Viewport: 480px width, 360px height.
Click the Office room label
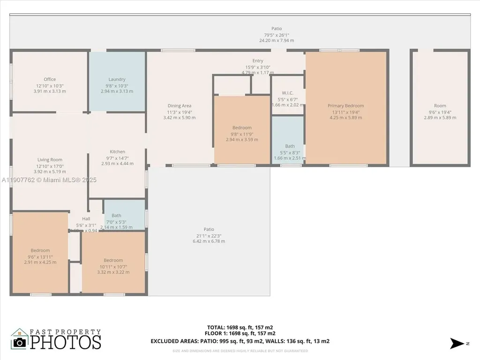click(x=50, y=79)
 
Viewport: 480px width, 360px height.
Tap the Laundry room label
click(x=117, y=79)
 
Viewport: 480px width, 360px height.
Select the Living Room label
click(x=50, y=160)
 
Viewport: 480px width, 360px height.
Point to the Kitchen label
click(x=117, y=151)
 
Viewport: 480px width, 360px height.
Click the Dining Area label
click(x=180, y=105)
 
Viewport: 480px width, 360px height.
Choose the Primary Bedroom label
click(x=345, y=105)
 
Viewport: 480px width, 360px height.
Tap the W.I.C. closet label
click(x=288, y=92)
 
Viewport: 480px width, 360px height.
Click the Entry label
click(x=258, y=60)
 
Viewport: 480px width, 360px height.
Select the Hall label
click(x=86, y=218)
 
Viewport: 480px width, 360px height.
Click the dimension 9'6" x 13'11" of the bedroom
click(x=40, y=256)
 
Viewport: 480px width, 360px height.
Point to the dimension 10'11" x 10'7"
click(x=113, y=266)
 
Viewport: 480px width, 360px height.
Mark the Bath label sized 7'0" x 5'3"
click(x=116, y=216)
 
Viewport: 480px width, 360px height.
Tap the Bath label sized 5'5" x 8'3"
click(x=290, y=146)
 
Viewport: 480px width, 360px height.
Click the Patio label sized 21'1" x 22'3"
click(x=209, y=229)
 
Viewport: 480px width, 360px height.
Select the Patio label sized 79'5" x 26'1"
click(x=277, y=29)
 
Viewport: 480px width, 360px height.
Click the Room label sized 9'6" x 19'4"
click(x=440, y=105)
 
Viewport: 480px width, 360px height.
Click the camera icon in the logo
click(x=20, y=342)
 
